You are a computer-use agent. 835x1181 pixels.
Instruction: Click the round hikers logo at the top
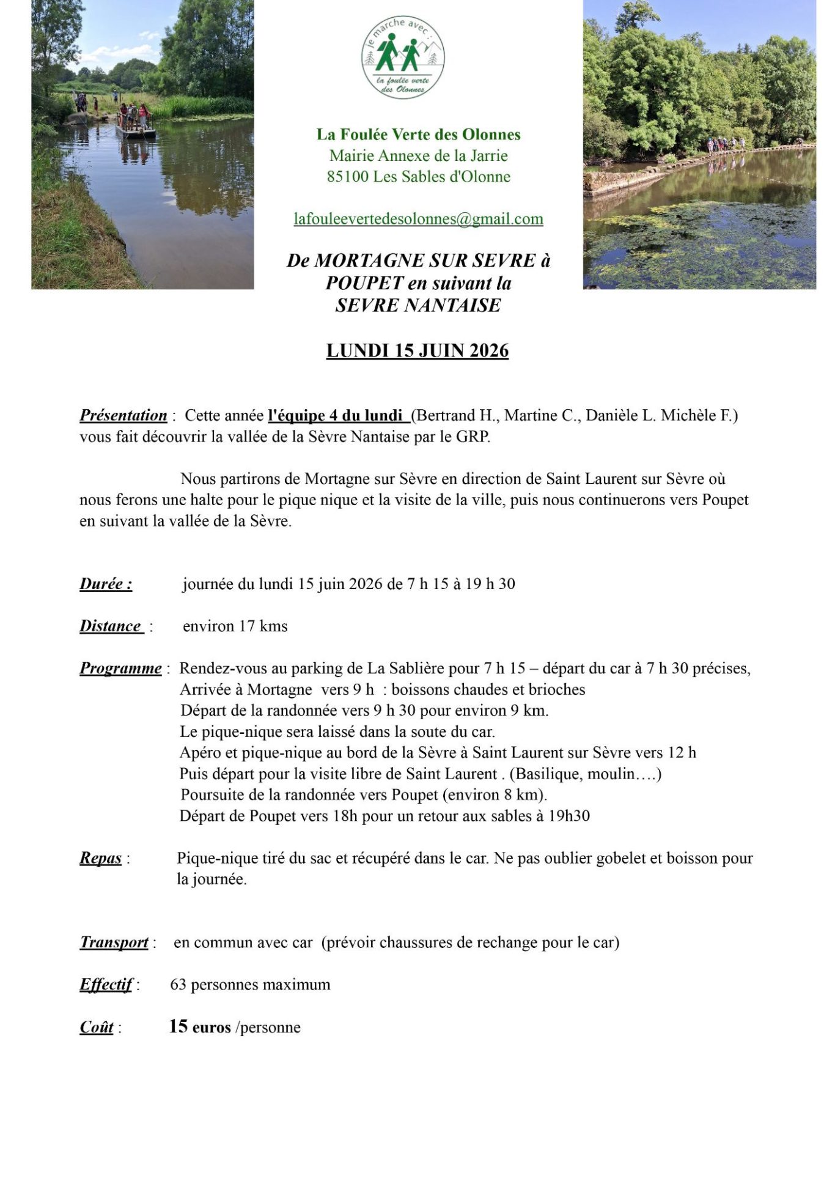[x=403, y=57]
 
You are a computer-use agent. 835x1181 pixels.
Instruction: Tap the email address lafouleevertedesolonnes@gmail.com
[x=418, y=219]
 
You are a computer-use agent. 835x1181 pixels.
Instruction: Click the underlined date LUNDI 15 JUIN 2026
[x=417, y=350]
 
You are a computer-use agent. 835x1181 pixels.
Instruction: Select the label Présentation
[x=123, y=415]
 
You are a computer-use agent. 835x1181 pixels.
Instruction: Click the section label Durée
[x=106, y=584]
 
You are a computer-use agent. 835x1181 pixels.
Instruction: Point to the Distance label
[x=111, y=626]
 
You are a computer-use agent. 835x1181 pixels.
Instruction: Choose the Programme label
[x=120, y=668]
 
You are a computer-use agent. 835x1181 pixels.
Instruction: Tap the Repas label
[x=101, y=859]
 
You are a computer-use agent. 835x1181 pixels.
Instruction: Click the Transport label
[x=114, y=942]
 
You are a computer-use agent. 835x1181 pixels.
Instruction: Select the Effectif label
[x=106, y=985]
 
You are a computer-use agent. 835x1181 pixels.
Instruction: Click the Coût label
[x=97, y=1027]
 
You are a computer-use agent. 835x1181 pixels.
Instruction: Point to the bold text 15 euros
[x=199, y=1027]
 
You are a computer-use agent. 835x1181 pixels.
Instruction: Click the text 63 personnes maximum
[x=250, y=985]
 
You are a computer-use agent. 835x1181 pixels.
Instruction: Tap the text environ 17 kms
[x=235, y=626]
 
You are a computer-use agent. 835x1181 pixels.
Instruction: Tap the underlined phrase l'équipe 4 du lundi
[x=336, y=415]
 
